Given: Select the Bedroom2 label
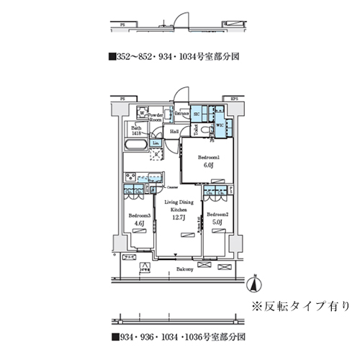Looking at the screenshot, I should tap(217, 215).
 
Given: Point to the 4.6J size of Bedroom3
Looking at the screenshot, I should tap(138, 224).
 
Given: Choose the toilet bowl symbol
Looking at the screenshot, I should tap(205, 130).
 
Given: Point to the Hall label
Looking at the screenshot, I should tap(174, 132).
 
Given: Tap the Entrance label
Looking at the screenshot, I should tap(181, 114).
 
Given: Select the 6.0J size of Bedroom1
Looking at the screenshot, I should tap(208, 164).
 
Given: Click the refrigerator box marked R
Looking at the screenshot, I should tap(156, 150).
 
